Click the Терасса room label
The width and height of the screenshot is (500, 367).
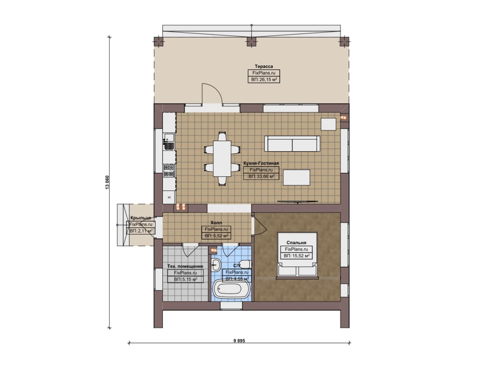coord(264,66)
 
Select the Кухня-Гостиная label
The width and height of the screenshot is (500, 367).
coord(261,163)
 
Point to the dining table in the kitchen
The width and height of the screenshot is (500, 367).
coord(222,158)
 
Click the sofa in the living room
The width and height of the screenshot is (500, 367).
coord(292,144)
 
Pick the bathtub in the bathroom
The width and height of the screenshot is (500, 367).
coord(231,289)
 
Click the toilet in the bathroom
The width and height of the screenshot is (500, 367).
coord(245,264)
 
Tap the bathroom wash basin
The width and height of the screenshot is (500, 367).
coord(216,265)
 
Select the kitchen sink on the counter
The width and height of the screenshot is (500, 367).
coord(170,141)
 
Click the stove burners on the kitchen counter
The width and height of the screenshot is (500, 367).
coord(169,171)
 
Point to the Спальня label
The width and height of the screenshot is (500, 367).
coord(296,243)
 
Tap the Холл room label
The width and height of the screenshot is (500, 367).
coord(216,223)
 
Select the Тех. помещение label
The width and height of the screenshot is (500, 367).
coord(185,266)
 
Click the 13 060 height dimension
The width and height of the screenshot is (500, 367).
coord(107,183)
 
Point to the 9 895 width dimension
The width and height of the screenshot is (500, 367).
coord(239,341)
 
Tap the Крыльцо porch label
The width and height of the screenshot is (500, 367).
coord(141,218)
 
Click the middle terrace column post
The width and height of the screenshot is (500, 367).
coord(252,42)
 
